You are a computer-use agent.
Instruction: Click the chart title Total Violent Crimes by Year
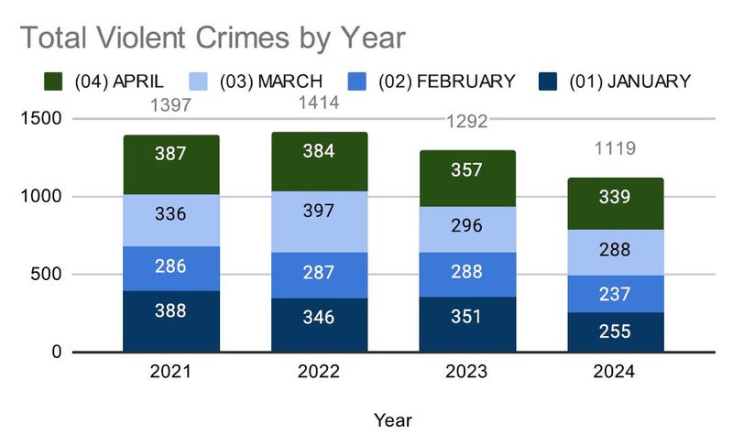tap(212, 37)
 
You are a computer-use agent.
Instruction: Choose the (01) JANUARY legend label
tap(629, 81)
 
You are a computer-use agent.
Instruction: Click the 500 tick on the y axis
tap(48, 275)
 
